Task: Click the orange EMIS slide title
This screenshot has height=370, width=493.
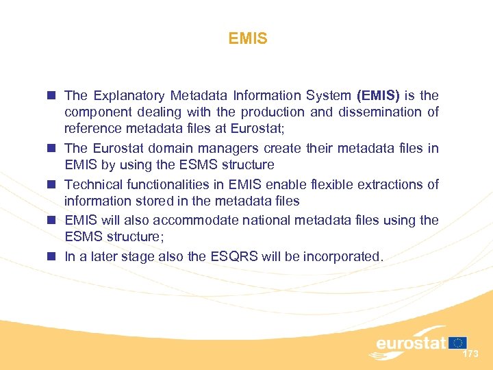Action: pos(248,39)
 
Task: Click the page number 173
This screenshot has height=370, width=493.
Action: pos(470,354)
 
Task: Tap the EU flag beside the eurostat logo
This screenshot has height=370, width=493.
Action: pos(457,343)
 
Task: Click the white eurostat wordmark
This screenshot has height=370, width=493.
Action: pos(411,343)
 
